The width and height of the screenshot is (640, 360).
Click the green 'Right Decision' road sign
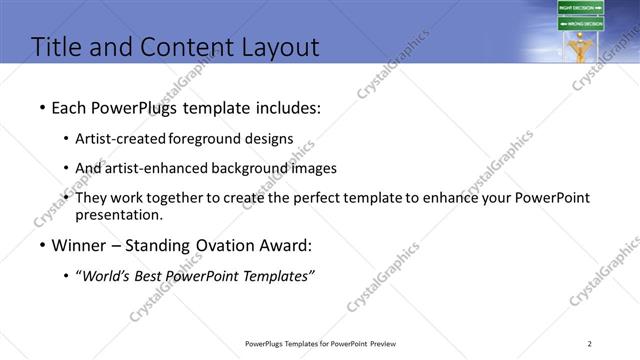581,8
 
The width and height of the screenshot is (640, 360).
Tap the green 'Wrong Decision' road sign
581,24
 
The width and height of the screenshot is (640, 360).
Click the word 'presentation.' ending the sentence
119,214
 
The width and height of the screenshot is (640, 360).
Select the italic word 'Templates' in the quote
279,275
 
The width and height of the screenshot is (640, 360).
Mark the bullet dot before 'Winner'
42,245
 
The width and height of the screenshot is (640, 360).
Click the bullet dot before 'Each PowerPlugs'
42,107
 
